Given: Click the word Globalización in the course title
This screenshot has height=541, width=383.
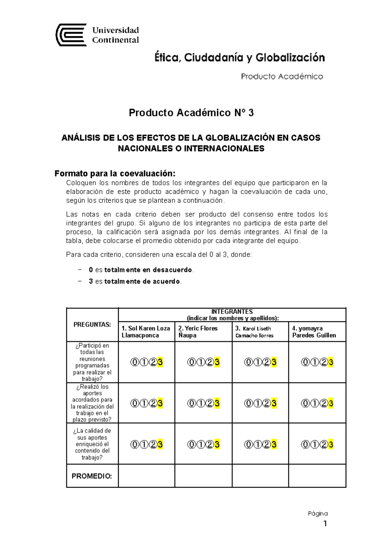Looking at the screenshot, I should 290,58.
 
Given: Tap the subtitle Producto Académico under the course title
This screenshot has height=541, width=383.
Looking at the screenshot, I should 282,76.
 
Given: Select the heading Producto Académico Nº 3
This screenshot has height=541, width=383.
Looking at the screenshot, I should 191,113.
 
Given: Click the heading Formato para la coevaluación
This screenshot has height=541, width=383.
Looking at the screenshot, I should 115,173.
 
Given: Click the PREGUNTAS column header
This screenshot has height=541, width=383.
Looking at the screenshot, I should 92,324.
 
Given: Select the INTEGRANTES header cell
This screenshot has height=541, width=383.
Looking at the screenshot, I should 232,315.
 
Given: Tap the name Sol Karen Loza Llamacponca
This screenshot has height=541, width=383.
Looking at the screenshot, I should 146,332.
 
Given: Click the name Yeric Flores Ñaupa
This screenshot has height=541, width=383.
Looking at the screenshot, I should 198,332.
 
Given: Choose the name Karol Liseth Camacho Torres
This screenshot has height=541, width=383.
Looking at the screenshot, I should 254,332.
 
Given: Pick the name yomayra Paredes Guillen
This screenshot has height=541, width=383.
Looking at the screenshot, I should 314,332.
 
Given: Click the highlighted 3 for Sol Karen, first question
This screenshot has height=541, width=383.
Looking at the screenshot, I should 160,362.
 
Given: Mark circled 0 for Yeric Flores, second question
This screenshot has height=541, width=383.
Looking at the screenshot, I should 191,403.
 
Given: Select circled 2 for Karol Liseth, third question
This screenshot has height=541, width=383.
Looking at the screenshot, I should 267,444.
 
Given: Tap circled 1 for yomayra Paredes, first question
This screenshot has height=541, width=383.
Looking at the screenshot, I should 314,362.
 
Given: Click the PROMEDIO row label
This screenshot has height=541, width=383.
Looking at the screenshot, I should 92,476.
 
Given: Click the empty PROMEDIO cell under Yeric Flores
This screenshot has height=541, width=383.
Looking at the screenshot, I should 203,476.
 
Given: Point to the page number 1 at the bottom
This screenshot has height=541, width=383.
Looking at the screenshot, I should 325,523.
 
